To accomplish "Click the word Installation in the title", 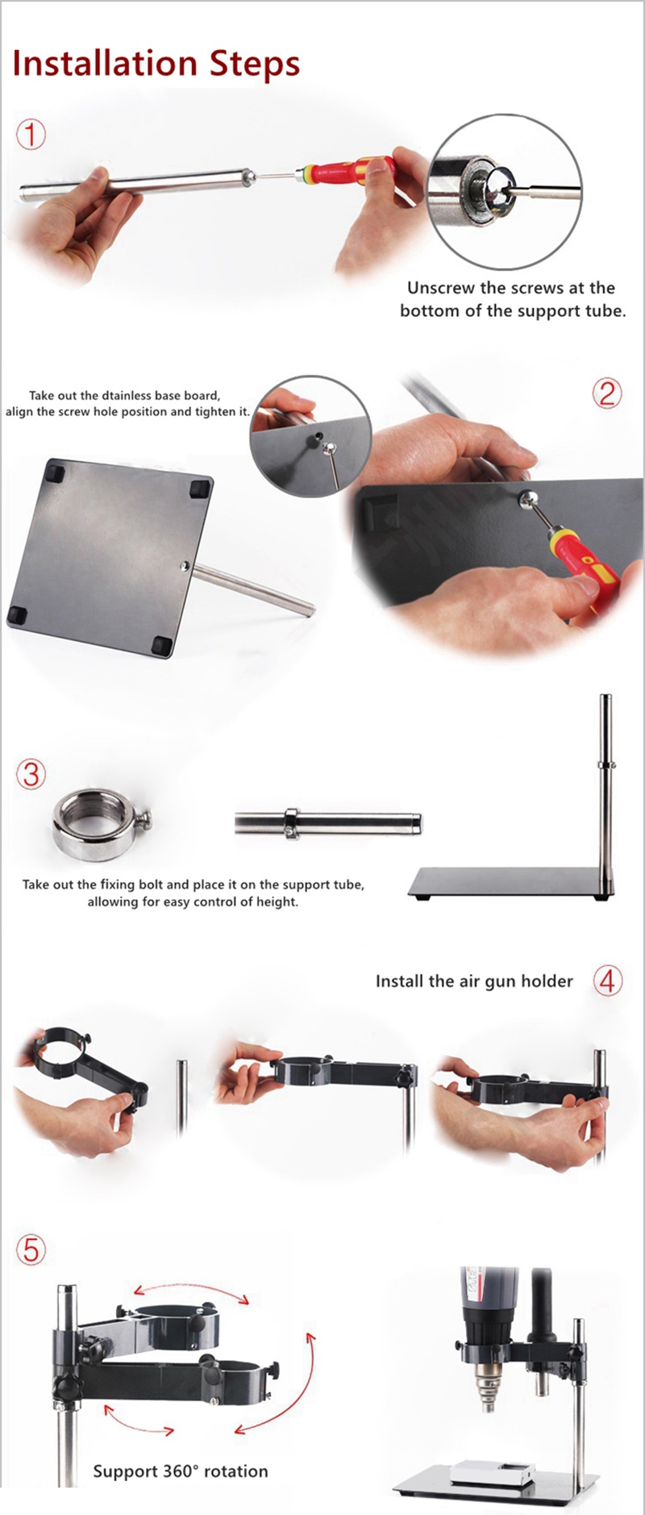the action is tap(105, 64).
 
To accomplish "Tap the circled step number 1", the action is tap(31, 134).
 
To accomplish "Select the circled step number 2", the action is tap(607, 393).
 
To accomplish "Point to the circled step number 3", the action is tap(31, 774).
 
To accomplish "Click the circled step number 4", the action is tap(608, 980).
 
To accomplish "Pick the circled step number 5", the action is tap(31, 1250).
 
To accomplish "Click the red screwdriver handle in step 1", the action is tap(347, 171).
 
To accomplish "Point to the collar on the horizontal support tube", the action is tap(291, 823).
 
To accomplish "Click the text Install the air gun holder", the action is tap(474, 981).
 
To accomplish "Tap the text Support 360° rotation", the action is tap(181, 1471).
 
